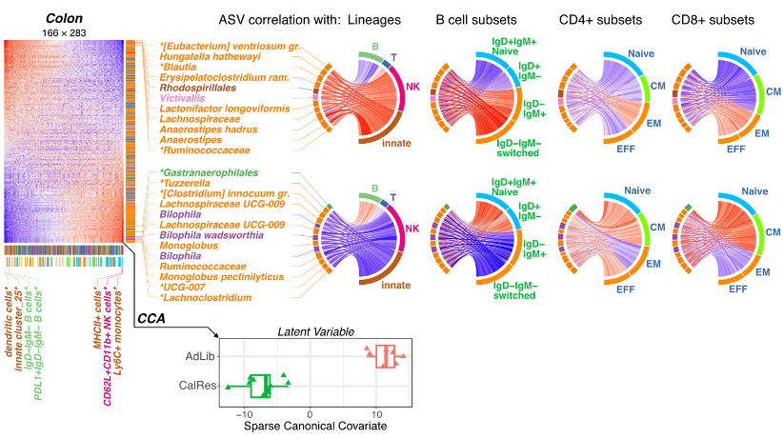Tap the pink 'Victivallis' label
[x=187, y=97]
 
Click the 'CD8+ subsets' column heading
[x=716, y=18]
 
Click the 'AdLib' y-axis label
[x=197, y=356]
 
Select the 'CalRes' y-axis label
[x=195, y=385]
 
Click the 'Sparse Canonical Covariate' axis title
[x=314, y=426]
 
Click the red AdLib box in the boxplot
[x=386, y=356]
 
